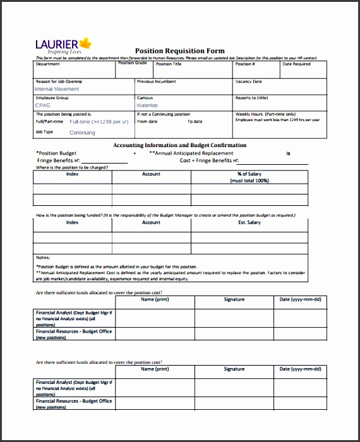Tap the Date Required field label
(x=296, y=64)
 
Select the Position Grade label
(x=133, y=63)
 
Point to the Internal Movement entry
(x=57, y=89)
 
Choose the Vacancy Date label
(x=248, y=81)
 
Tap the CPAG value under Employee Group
(x=42, y=105)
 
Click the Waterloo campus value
(x=147, y=105)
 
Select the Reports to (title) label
(x=251, y=98)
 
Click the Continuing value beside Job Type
(x=82, y=133)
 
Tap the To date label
(x=195, y=121)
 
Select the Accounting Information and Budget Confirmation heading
(x=179, y=145)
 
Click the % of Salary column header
(x=249, y=174)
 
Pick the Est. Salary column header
(x=249, y=222)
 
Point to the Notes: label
(x=42, y=258)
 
